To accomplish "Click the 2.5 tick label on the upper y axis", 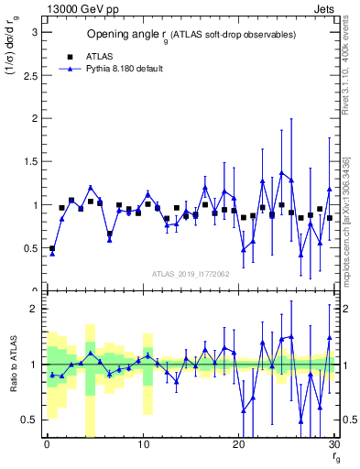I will tap(29, 75).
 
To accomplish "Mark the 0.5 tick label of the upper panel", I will tap(29, 248).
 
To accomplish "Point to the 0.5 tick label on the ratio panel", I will tap(29, 420).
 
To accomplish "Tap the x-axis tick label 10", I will tap(142, 444).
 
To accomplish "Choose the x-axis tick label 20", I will tap(238, 444).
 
